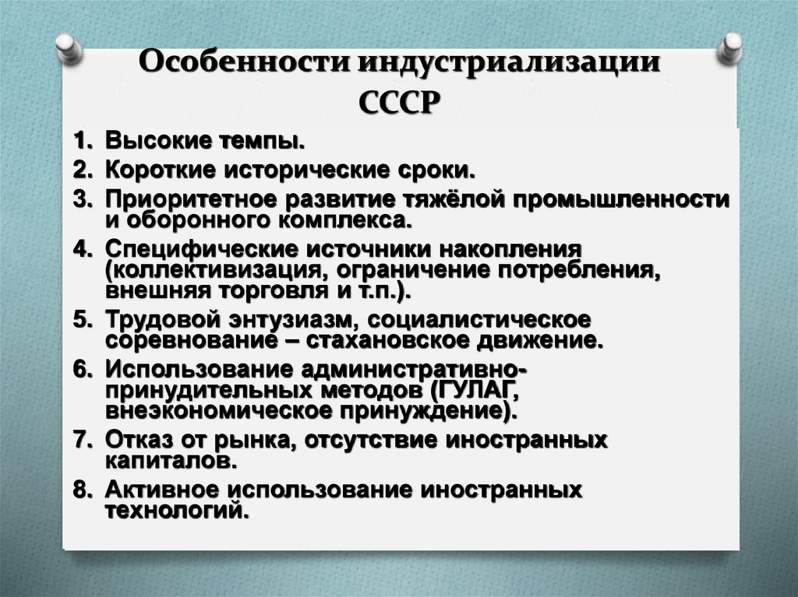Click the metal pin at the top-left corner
pyautogui.click(x=70, y=48)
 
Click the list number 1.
pyautogui.click(x=81, y=142)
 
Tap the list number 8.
pyautogui.click(x=82, y=490)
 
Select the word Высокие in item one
pyautogui.click(x=156, y=142)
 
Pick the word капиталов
pyautogui.click(x=165, y=461)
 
